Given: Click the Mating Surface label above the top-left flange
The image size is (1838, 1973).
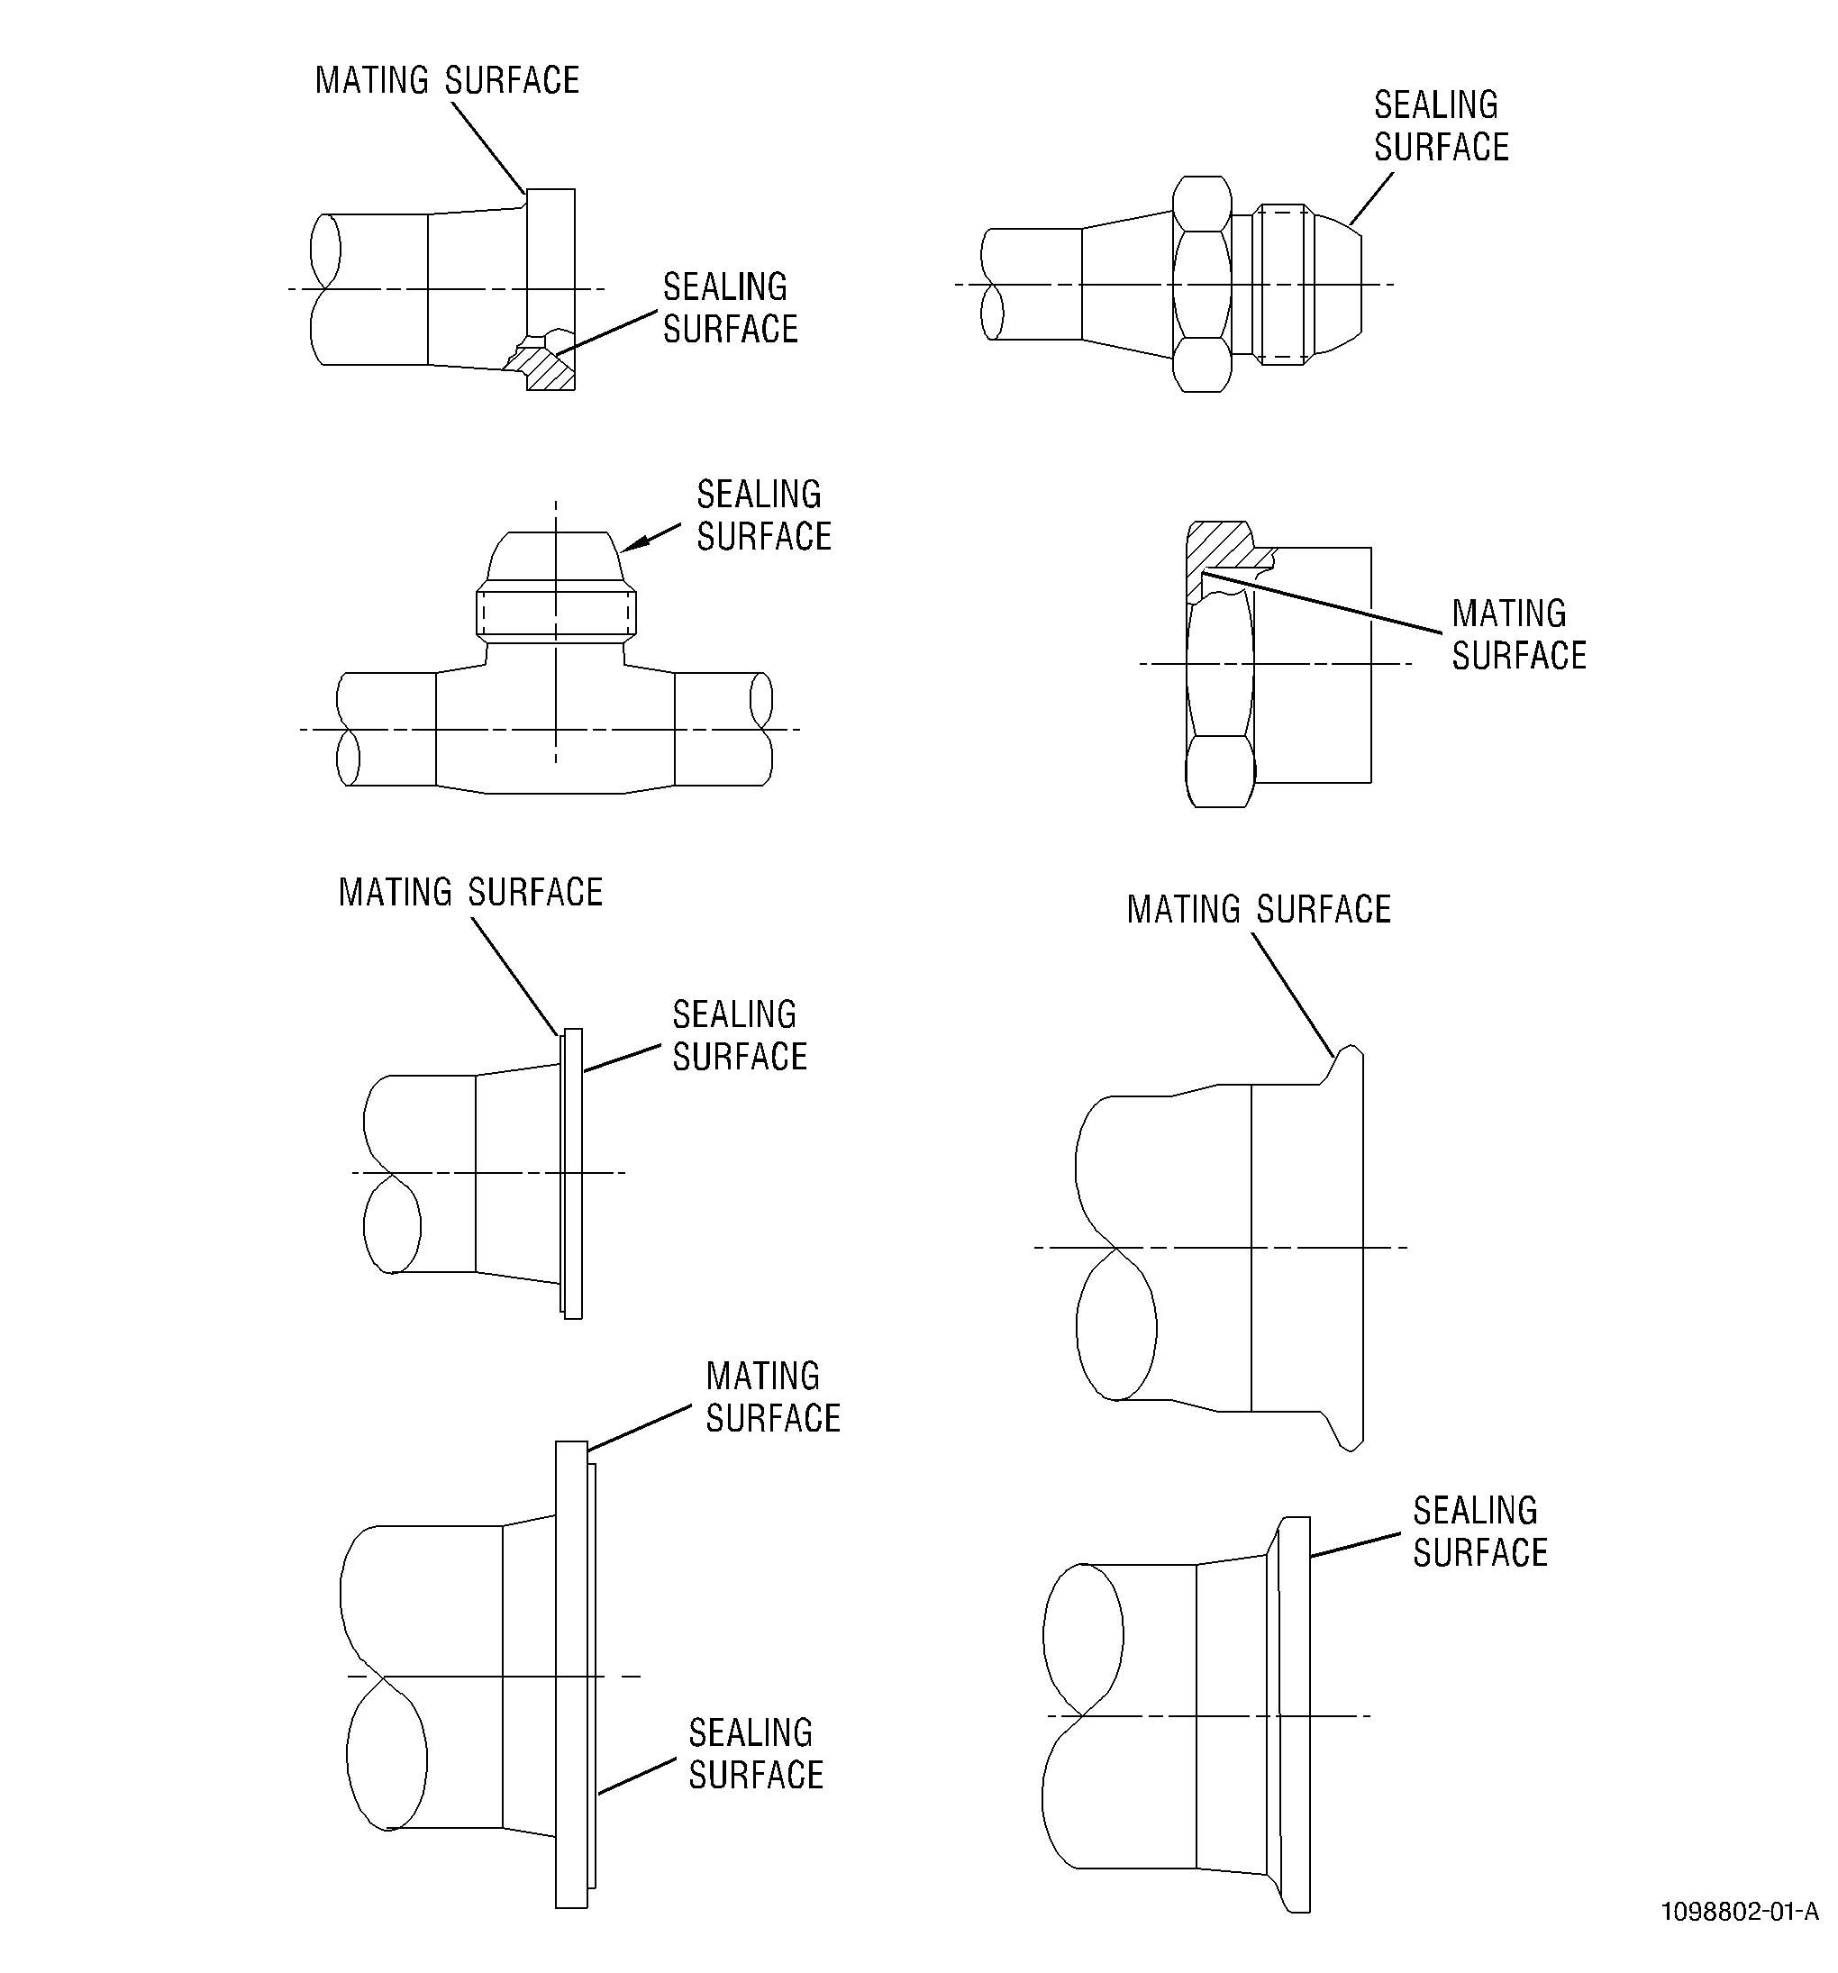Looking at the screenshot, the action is pos(448,80).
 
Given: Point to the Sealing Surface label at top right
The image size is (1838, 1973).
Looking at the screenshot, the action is pos(1441,126).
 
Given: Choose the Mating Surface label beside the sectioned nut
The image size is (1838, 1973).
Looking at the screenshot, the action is pos(1519,634).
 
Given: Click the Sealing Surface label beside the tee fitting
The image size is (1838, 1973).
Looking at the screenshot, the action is pos(764,515).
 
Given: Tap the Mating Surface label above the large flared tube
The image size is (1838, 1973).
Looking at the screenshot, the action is pos(1259,909).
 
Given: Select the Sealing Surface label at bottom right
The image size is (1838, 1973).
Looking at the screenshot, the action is pos(1480,1532).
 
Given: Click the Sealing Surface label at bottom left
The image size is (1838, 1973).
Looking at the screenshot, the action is pos(756,1754).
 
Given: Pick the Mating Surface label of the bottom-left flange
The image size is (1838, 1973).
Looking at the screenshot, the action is pos(773,1396).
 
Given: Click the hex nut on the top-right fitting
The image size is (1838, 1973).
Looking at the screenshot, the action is pos(1202,285).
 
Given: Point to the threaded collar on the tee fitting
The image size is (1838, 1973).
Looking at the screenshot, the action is pos(556,614).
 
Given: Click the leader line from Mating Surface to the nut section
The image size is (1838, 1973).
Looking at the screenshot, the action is pos(1322,602).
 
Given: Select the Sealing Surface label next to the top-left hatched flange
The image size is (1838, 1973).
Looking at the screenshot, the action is pos(731,307).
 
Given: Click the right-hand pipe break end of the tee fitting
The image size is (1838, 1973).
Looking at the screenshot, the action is pos(761,730).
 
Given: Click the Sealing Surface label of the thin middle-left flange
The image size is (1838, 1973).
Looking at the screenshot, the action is pos(741,1036).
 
